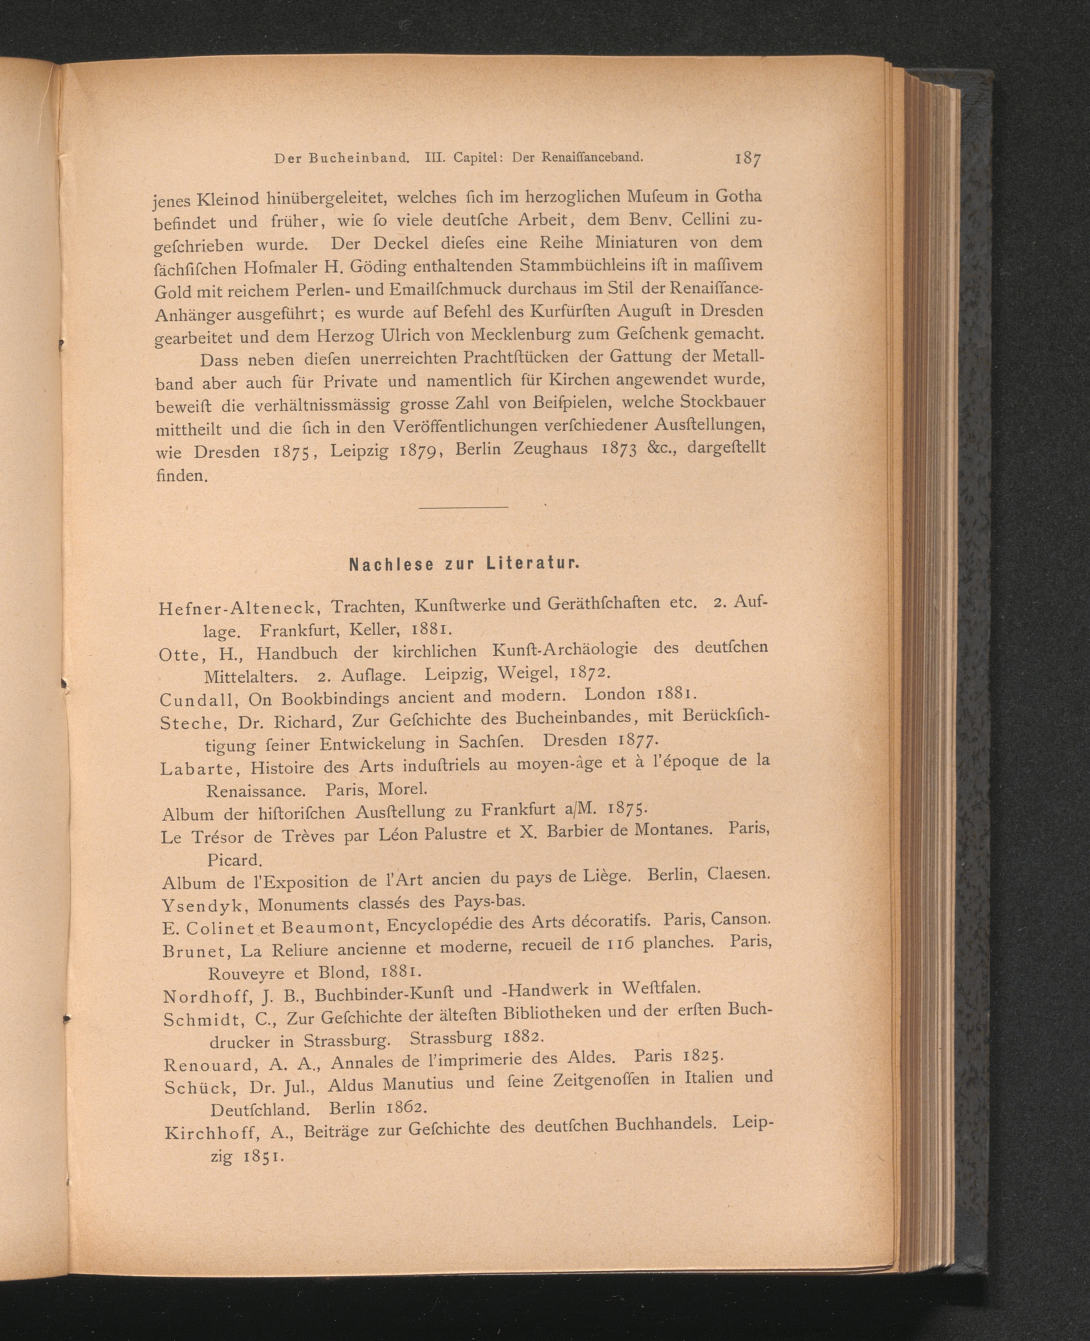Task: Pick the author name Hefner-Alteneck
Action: [240, 608]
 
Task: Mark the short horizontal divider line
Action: [463, 507]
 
